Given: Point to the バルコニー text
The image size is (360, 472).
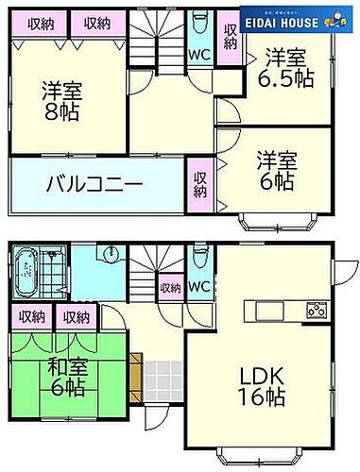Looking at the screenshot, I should (95, 183).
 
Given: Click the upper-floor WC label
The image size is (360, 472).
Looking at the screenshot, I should (200, 55).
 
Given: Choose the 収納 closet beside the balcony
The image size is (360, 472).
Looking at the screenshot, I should (200, 184).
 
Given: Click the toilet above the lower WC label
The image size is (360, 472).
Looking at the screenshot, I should (197, 257).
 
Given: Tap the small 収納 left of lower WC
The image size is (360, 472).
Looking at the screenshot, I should (170, 287).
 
